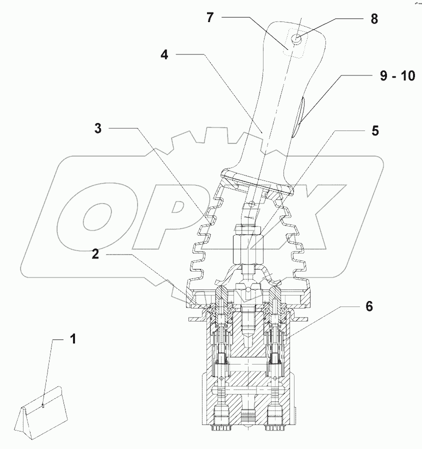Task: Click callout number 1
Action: [x=73, y=339]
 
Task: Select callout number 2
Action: [x=95, y=253]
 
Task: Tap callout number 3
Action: [x=98, y=128]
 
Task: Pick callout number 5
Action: [x=375, y=130]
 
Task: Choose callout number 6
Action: [x=368, y=306]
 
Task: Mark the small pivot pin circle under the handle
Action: [x=252, y=203]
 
